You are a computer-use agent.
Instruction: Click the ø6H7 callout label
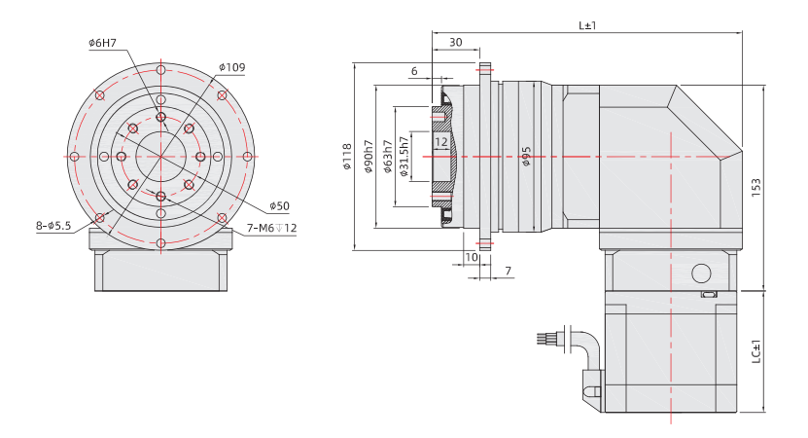(102, 43)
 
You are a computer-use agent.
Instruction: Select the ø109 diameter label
(232, 67)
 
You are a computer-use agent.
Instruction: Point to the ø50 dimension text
(279, 206)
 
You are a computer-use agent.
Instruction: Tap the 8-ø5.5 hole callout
(53, 226)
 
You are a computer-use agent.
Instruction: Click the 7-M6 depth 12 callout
(271, 228)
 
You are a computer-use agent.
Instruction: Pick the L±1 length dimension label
(587, 25)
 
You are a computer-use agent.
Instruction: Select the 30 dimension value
(455, 43)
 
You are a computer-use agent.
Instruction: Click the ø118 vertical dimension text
(346, 157)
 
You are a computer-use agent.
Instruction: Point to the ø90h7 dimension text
(369, 157)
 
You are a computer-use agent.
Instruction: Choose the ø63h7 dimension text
(387, 157)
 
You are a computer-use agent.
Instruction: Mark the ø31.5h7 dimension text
(404, 157)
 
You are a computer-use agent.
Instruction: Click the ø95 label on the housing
(526, 157)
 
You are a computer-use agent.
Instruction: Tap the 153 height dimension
(756, 187)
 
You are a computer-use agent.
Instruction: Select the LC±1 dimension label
(756, 352)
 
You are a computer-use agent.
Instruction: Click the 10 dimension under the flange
(472, 257)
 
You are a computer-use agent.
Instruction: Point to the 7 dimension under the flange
(507, 270)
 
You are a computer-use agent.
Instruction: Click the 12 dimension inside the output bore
(441, 142)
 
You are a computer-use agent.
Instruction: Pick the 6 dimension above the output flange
(414, 71)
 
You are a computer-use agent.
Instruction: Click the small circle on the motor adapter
(699, 271)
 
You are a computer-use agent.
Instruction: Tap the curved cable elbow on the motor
(585, 345)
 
